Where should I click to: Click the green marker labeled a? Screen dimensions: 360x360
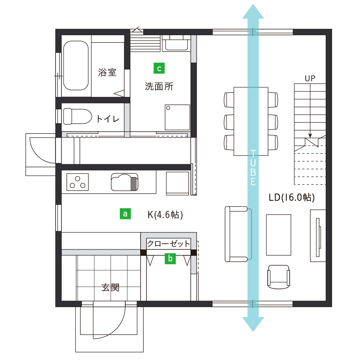tap(125, 214)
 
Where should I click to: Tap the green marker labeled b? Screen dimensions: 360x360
tap(170, 258)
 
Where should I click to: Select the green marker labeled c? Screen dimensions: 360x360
tap(158, 68)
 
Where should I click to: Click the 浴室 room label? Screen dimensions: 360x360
tap(107, 72)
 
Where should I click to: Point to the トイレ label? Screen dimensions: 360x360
tap(108, 119)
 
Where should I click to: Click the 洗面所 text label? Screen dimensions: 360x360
tap(159, 87)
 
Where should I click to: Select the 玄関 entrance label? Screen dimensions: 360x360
tap(110, 288)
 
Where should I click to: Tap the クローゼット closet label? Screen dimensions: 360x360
tap(169, 244)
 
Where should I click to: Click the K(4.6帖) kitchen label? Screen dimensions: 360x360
tap(165, 215)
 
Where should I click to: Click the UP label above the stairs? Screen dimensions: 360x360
tap(310, 78)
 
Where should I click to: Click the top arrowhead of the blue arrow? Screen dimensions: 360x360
tap(253, 12)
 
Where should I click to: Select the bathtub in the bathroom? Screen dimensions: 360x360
tap(77, 65)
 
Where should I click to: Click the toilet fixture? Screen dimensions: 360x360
tap(77, 116)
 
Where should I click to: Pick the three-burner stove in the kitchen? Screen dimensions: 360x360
tap(78, 182)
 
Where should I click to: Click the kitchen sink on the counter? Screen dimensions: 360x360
tap(124, 182)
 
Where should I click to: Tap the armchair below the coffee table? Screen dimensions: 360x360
tap(279, 277)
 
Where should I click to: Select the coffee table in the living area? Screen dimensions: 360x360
tap(279, 235)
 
